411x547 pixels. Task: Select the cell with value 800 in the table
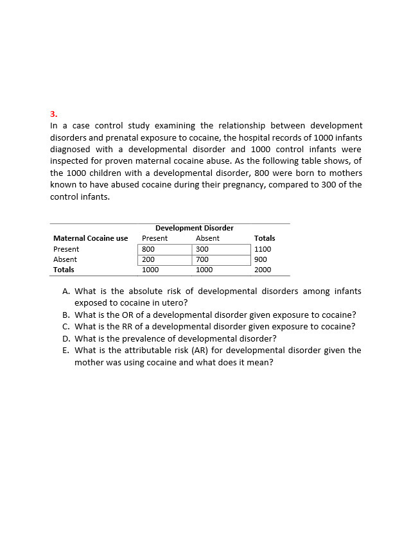click(x=148, y=249)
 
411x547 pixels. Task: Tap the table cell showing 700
click(x=202, y=259)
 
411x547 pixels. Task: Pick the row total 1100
click(x=263, y=249)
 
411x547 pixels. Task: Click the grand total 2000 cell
click(x=263, y=270)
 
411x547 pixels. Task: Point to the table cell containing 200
click(x=148, y=259)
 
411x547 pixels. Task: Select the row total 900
click(x=261, y=259)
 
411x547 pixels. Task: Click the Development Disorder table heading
click(x=194, y=228)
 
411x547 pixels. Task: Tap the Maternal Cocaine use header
click(x=91, y=238)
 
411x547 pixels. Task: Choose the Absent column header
click(x=207, y=238)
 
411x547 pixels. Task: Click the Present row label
click(x=66, y=249)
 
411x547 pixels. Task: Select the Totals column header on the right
click(x=265, y=238)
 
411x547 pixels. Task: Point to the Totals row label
click(x=64, y=270)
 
